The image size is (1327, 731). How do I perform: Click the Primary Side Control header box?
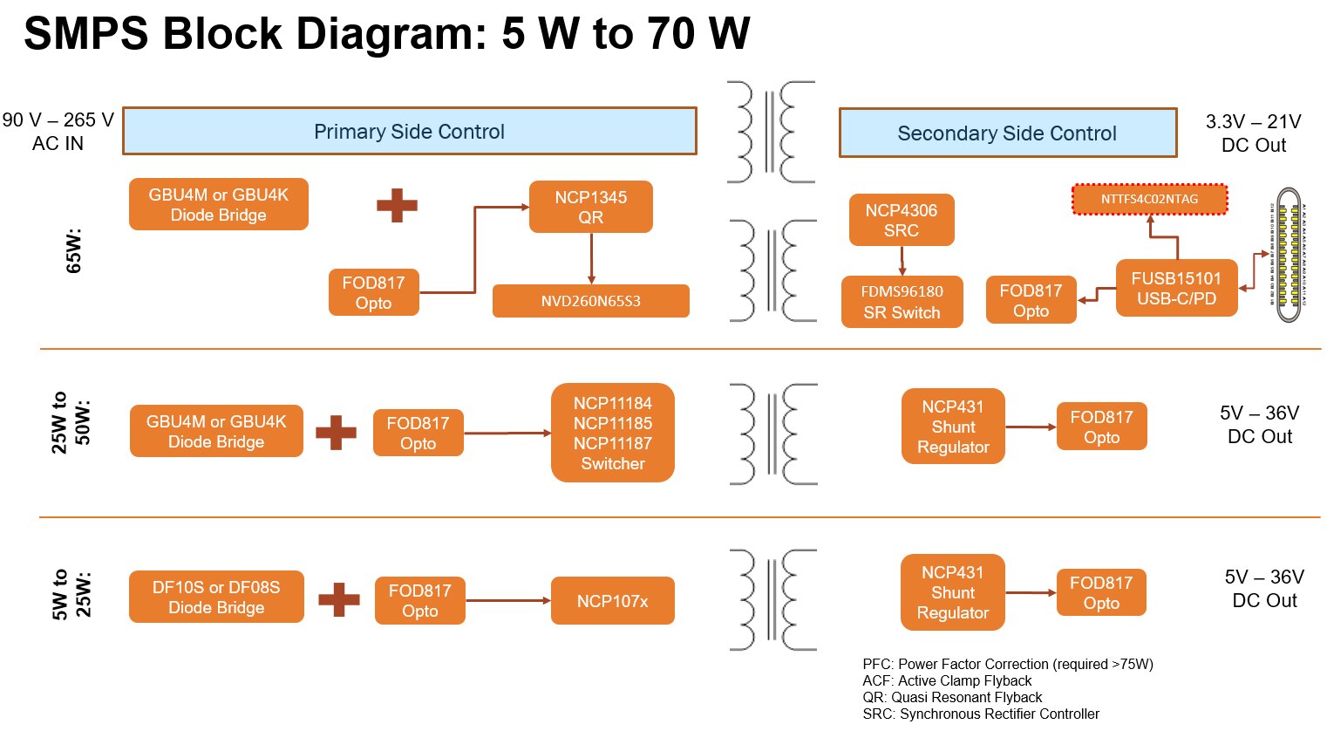[x=409, y=132]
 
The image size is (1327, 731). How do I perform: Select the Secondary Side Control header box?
[x=1007, y=133]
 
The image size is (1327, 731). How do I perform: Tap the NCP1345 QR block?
[x=590, y=208]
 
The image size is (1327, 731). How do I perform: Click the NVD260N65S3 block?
[x=590, y=302]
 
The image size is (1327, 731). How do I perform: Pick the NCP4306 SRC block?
[x=901, y=221]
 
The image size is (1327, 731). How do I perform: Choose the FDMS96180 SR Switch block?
[x=902, y=302]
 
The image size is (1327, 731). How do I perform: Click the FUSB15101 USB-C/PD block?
[x=1176, y=288]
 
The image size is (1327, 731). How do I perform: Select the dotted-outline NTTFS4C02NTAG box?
[x=1149, y=200]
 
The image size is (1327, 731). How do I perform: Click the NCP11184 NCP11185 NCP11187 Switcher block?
[x=612, y=434]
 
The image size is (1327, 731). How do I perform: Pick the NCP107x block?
[x=612, y=601]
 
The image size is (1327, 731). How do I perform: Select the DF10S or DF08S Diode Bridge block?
[x=216, y=598]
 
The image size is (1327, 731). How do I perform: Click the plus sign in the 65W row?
[x=397, y=206]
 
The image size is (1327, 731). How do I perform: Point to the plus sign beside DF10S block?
[x=339, y=599]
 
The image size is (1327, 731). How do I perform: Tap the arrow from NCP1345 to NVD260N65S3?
[x=591, y=258]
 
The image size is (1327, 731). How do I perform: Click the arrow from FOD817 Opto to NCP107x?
[x=507, y=601]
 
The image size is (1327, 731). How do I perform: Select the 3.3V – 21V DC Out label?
[x=1253, y=133]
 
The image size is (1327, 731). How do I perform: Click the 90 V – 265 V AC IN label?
[x=58, y=132]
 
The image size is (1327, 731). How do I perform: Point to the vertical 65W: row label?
[x=74, y=251]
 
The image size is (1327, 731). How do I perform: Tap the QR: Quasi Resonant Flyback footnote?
[x=952, y=697]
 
